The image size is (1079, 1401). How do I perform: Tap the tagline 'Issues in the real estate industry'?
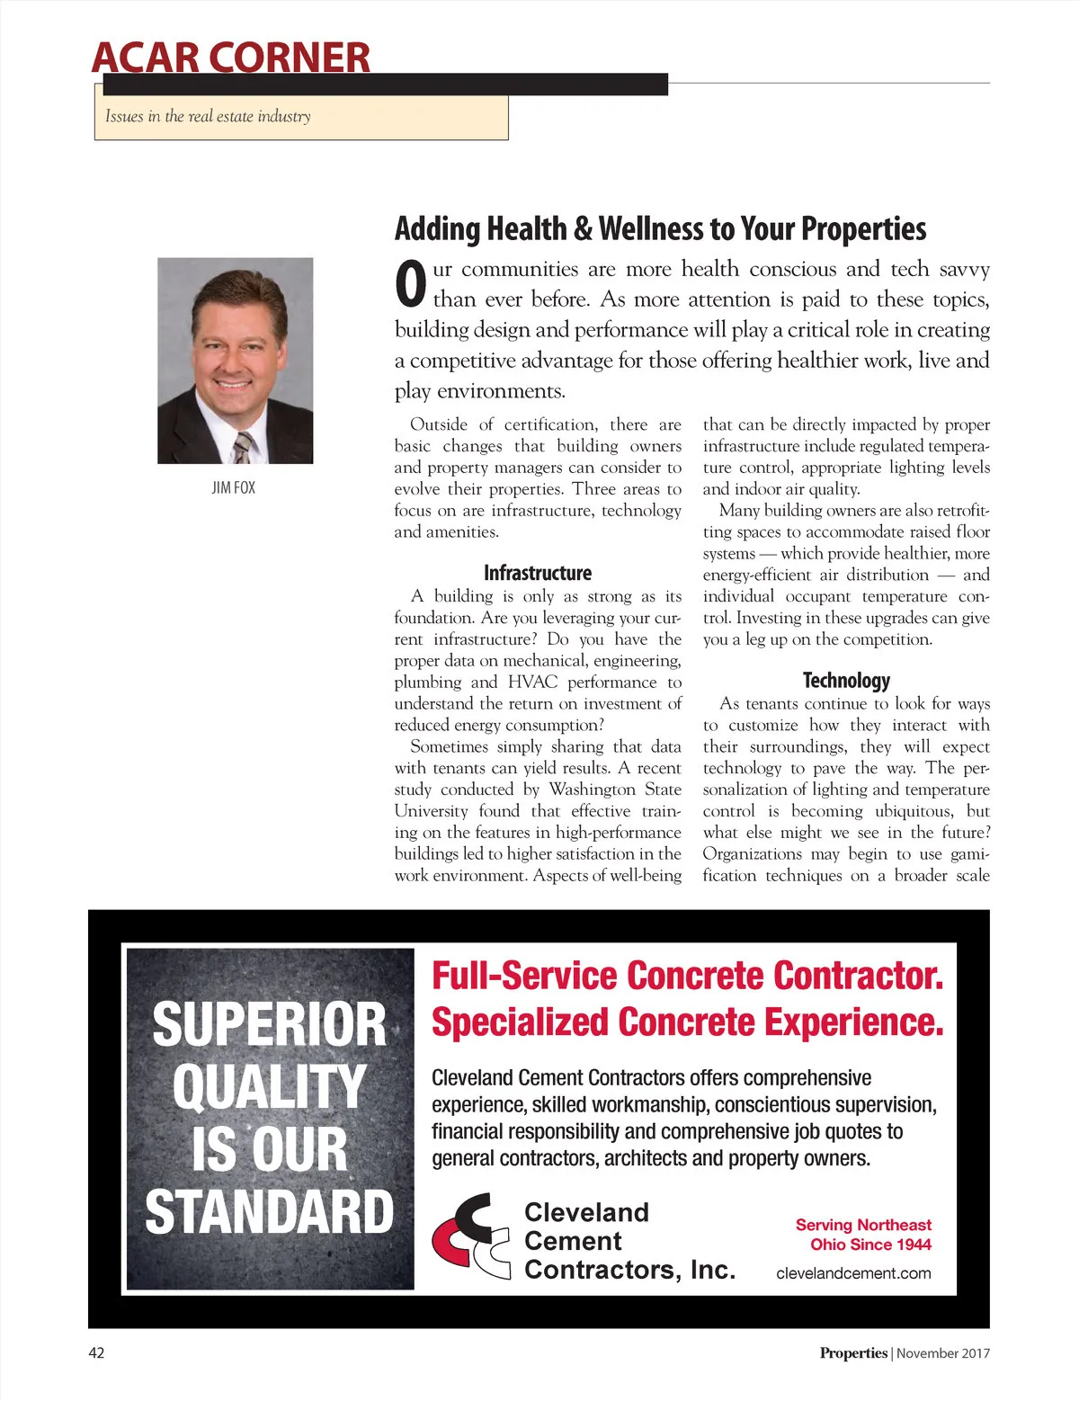click(208, 116)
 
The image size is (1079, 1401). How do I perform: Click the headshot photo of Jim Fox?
click(236, 361)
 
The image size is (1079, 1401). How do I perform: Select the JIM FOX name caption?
click(234, 487)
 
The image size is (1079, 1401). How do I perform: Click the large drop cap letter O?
click(410, 283)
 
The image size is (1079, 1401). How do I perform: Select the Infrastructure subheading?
click(538, 573)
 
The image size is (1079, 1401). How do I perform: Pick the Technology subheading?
click(846, 681)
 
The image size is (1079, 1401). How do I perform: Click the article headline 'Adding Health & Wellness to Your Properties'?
click(660, 229)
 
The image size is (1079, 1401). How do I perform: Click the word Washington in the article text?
click(592, 790)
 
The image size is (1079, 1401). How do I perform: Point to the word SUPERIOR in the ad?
click(269, 1025)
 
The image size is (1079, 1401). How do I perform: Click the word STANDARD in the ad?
click(269, 1212)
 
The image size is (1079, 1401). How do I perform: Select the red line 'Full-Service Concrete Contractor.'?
click(688, 976)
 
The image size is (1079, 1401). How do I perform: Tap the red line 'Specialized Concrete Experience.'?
click(688, 1022)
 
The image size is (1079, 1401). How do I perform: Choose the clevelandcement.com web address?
click(853, 1273)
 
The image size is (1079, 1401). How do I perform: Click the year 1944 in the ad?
click(913, 1245)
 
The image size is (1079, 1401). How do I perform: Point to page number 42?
click(96, 1353)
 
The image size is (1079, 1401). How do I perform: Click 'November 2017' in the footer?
click(943, 1353)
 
